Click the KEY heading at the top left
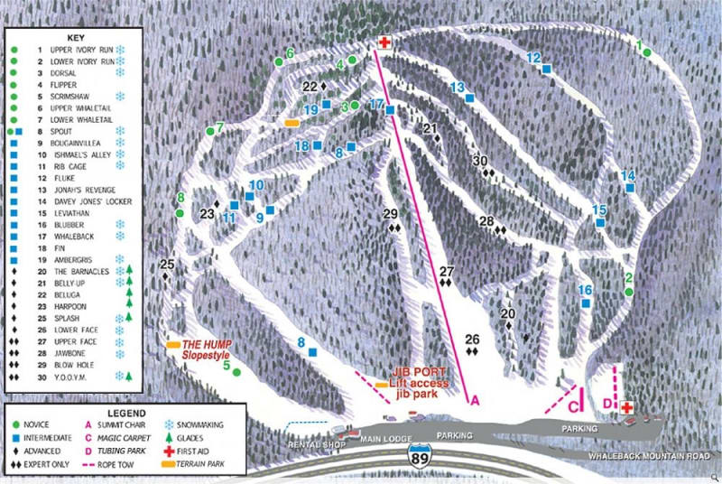pyautogui.click(x=74, y=39)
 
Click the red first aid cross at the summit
pyautogui.click(x=384, y=43)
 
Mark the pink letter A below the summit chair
pyautogui.click(x=472, y=400)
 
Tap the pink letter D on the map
pyautogui.click(x=606, y=402)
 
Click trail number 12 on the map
pyautogui.click(x=533, y=58)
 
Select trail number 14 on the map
pyautogui.click(x=627, y=175)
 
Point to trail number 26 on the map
pyautogui.click(x=471, y=340)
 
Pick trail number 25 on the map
pyautogui.click(x=167, y=265)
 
